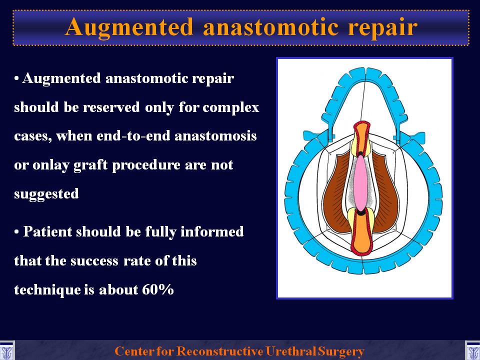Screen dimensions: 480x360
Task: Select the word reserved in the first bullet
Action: tap(111, 107)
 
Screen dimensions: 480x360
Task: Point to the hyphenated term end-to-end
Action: tap(133, 136)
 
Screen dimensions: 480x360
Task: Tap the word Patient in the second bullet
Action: tap(47, 231)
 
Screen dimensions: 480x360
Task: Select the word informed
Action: tap(212, 231)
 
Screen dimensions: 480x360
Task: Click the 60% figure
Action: tap(158, 289)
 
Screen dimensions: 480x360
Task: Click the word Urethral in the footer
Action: tap(291, 351)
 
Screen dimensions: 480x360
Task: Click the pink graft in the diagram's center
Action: tap(360, 183)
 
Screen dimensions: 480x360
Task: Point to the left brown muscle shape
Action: tap(336, 193)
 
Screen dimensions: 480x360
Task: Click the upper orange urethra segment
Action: tap(361, 136)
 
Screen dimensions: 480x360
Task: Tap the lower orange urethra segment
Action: tap(362, 232)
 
